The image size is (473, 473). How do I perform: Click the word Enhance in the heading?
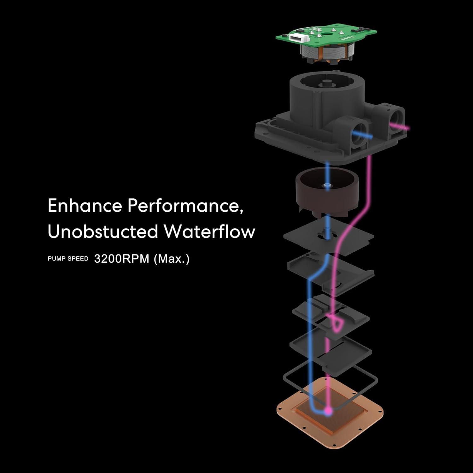pos(85,206)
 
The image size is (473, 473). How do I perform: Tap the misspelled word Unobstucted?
pos(103,231)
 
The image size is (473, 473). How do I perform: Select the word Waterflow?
pos(209,231)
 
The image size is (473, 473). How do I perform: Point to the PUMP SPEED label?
pos(68,259)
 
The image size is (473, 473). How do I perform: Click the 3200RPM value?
pos(122,259)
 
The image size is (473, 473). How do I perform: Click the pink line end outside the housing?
pos(409,128)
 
